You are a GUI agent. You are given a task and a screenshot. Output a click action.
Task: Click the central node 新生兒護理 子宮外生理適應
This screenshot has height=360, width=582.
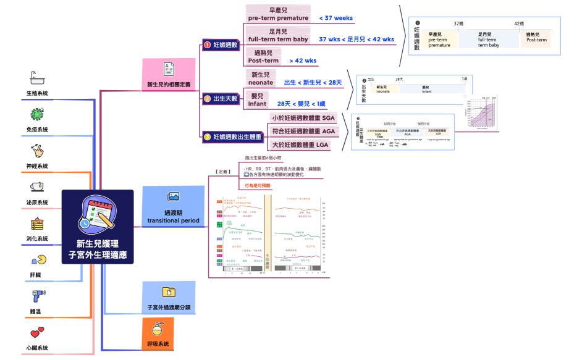pos(98,227)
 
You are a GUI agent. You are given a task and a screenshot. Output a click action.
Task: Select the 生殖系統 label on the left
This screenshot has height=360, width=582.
pos(36,93)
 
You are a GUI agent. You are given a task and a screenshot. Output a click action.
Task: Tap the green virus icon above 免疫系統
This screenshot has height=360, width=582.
pos(36,114)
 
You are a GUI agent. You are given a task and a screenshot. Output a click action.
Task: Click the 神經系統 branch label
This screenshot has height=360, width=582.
pos(36,166)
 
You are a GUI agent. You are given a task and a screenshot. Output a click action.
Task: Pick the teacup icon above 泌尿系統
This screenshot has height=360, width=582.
pos(36,186)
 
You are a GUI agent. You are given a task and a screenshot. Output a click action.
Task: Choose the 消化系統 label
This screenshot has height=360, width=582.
pos(36,238)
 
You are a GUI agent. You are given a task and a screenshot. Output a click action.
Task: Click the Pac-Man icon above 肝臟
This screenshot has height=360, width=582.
pos(36,259)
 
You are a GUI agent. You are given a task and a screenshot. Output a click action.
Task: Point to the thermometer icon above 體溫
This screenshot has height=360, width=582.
pos(36,296)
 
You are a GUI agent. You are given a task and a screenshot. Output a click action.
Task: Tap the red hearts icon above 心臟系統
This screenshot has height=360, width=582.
pos(36,333)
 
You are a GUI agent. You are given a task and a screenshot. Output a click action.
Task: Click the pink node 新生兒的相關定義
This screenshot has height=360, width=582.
pos(169,76)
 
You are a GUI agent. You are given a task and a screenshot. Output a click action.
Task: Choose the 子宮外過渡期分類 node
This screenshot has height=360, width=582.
pos(169,298)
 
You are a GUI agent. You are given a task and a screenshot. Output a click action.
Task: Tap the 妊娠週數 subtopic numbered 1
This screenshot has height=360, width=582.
pos(221,44)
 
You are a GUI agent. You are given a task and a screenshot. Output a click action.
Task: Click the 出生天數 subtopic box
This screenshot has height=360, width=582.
pos(221,98)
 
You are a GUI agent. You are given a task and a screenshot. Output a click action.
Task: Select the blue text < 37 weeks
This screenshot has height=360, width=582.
pos(336,18)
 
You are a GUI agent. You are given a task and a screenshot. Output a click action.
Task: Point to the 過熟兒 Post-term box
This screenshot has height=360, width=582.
pos(264,57)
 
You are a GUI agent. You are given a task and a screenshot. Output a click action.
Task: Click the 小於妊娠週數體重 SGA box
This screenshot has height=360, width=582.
pos(303,118)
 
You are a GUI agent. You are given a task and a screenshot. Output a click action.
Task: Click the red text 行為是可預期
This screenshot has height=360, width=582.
pos(258,185)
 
